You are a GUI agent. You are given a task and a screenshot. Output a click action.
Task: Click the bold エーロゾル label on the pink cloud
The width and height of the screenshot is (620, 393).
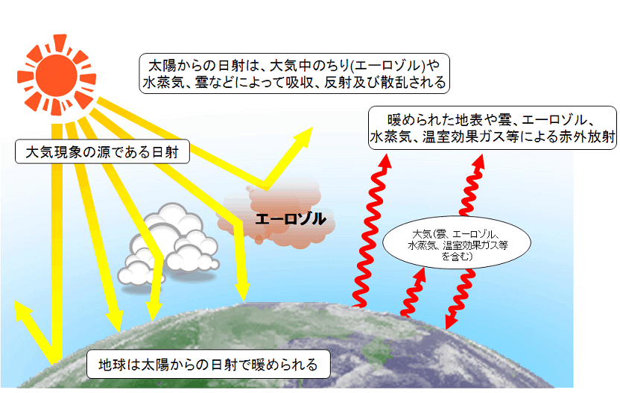coord(290,218)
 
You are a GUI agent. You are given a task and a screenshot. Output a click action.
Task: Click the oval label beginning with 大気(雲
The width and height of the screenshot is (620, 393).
coord(456,240)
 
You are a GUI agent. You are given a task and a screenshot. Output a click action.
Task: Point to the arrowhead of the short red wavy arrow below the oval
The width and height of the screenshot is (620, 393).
coord(420,274)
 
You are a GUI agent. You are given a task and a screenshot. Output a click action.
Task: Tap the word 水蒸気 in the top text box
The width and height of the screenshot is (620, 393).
coord(162,82)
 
